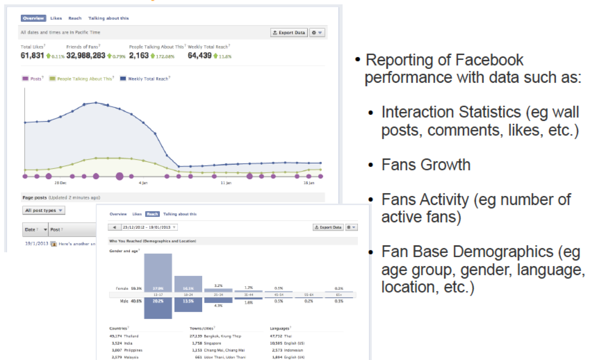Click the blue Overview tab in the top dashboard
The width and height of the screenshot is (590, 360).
coord(33,18)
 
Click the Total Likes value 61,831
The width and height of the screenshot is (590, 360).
coord(32,55)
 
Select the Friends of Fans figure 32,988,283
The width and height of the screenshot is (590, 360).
coord(86,55)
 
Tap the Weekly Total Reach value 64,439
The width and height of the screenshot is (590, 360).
coord(200,55)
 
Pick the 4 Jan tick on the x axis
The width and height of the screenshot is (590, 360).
coord(143,183)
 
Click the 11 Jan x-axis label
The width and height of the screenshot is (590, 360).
coord(226,183)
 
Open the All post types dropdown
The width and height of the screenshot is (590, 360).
coord(44,210)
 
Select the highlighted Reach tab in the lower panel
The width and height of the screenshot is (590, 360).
coord(152,214)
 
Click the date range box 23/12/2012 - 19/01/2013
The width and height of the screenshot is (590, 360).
coord(149,227)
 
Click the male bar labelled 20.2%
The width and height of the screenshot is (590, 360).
coord(158,308)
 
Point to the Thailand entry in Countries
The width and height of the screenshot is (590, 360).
coord(131,336)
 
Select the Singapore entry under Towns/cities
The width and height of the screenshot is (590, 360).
coord(212,343)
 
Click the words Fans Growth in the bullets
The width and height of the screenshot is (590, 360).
coord(426,165)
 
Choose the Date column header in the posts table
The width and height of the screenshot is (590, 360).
coord(30,230)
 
